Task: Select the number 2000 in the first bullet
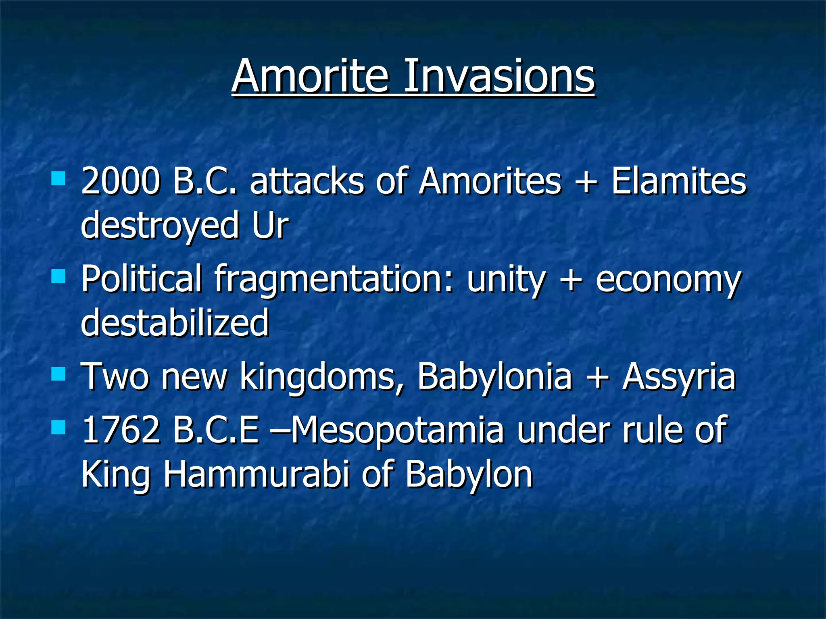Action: (120, 181)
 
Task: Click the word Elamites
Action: (679, 181)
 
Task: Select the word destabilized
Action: (175, 322)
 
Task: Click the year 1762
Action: (121, 430)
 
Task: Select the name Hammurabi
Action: (256, 475)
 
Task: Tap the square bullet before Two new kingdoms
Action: (59, 374)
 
